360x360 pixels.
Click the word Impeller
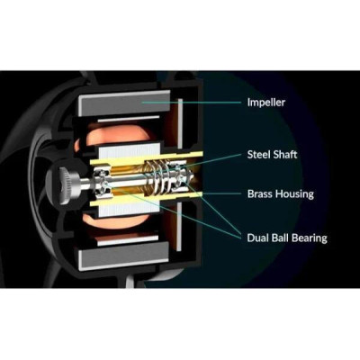(266, 103)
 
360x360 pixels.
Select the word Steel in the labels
(258, 155)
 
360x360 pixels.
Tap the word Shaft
(285, 155)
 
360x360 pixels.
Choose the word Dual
(257, 238)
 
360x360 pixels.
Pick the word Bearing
(310, 238)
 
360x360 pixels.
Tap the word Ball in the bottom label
(280, 238)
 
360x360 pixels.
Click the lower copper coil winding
(120, 221)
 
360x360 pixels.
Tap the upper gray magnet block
(124, 104)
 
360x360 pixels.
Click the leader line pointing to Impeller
(191, 103)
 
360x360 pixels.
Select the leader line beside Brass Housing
(220, 193)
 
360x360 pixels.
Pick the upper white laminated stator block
(128, 151)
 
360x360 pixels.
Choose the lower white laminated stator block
(128, 209)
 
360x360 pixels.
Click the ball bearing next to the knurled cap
(103, 182)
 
